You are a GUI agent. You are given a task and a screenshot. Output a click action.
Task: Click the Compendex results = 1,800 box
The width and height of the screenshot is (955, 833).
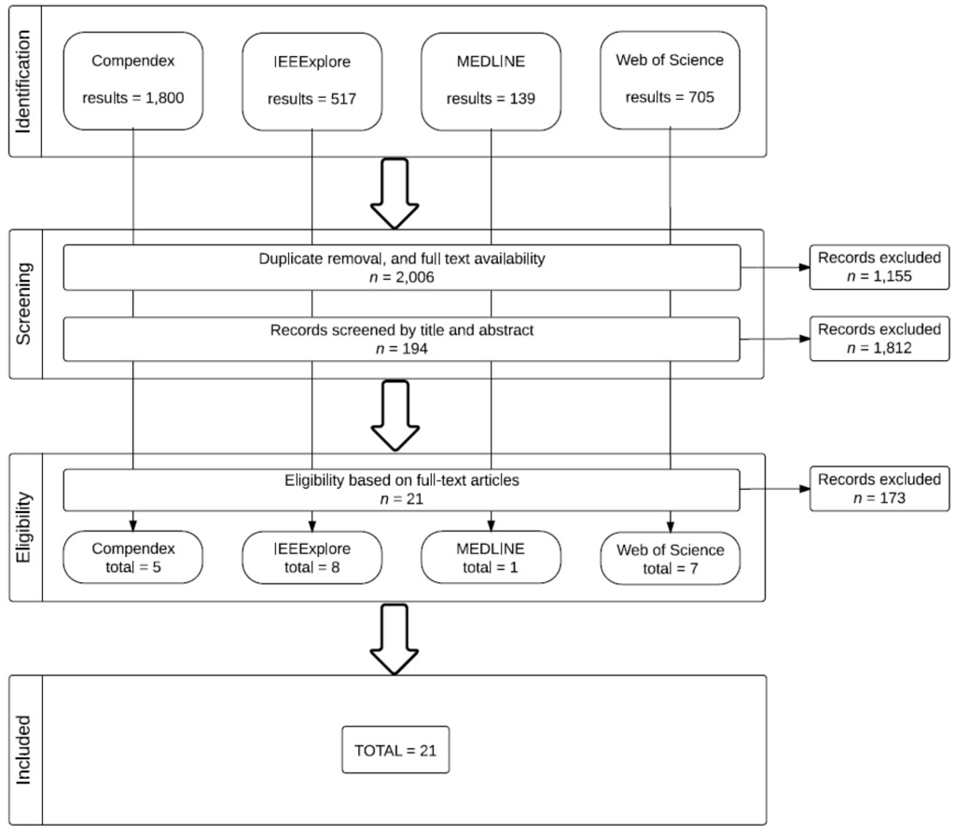tap(133, 80)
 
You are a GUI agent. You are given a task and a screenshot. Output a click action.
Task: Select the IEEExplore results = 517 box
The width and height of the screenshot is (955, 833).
tap(311, 80)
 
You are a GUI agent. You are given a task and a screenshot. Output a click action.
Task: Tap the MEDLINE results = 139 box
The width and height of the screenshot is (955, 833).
tap(491, 80)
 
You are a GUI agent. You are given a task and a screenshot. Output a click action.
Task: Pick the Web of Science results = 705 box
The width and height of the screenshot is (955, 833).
tap(670, 80)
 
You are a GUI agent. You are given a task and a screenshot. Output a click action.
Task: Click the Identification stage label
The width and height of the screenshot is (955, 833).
tap(23, 81)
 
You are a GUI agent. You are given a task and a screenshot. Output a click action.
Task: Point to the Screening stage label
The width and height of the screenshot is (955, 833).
tap(23, 303)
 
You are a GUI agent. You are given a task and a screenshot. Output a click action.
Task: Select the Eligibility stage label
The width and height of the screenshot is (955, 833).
tap(23, 527)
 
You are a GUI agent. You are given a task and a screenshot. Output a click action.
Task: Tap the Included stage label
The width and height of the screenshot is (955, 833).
tap(23, 749)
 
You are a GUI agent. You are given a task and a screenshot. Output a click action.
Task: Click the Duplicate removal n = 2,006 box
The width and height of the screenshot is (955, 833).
tap(402, 267)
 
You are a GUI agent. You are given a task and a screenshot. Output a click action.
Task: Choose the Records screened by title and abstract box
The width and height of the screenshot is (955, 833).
tap(402, 338)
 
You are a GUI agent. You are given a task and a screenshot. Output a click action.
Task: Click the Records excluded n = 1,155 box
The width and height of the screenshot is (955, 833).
tap(879, 267)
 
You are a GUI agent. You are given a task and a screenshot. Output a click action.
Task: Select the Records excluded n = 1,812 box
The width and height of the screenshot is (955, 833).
tap(879, 338)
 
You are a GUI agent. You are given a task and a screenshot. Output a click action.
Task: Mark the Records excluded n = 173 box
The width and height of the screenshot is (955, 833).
tap(879, 489)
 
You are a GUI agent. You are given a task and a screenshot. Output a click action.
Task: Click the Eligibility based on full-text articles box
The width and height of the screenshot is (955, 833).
tap(402, 489)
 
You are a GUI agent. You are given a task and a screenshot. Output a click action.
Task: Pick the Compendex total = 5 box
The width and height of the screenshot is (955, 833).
tap(133, 557)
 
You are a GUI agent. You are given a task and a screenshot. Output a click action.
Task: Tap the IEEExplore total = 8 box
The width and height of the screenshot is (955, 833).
tap(311, 557)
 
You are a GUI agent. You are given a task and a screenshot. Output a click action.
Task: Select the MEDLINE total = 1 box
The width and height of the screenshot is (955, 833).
tap(491, 557)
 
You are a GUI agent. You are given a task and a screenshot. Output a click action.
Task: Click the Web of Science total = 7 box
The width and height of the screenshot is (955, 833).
tap(670, 557)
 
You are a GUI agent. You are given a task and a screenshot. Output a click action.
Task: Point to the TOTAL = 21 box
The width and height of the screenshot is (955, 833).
tap(396, 750)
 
